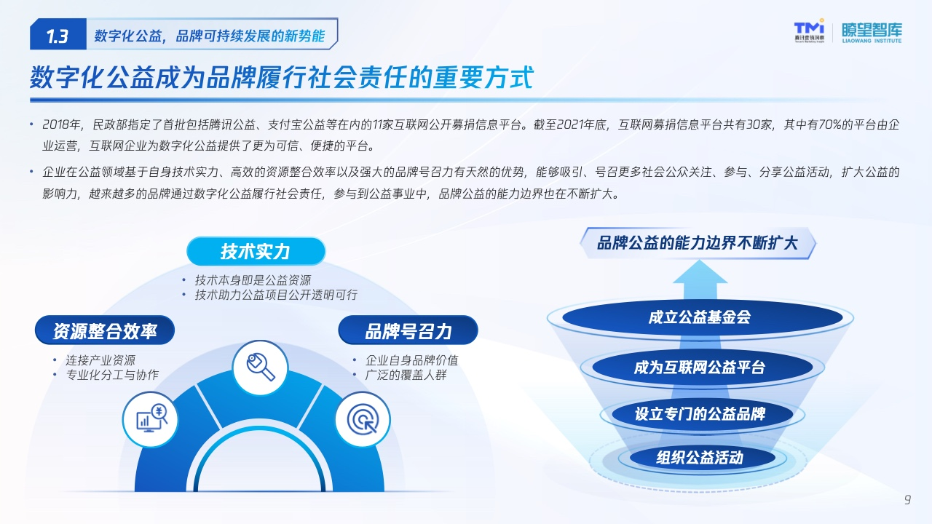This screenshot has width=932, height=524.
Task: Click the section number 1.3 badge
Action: point(58,34)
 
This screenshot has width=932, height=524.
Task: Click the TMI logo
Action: point(809,31)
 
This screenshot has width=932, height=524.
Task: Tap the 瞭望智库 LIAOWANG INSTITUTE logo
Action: point(872,33)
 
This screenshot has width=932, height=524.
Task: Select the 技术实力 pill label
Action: point(256,251)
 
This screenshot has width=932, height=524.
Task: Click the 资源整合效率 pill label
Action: point(104,330)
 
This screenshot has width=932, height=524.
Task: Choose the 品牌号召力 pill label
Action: point(408,330)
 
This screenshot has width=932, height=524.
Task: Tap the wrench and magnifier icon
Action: point(261,368)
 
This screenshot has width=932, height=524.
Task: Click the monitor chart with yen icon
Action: point(151,418)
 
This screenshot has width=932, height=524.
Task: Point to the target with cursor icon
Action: point(363,420)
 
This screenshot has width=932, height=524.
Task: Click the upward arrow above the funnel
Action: point(700,279)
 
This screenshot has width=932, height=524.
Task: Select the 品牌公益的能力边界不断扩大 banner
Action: point(698,243)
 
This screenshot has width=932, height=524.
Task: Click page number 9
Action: point(907,499)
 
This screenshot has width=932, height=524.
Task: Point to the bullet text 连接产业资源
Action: point(100,360)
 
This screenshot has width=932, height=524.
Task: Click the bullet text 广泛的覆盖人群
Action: point(406,375)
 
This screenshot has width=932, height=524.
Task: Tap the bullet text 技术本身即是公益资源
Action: point(253,280)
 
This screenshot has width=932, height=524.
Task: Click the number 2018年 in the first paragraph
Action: point(61,124)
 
